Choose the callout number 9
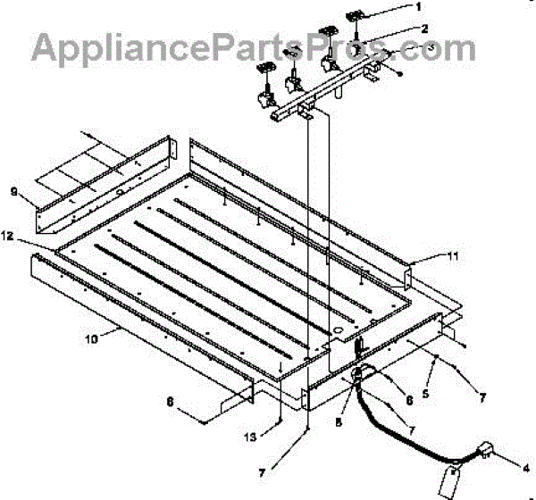pos(13,190)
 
